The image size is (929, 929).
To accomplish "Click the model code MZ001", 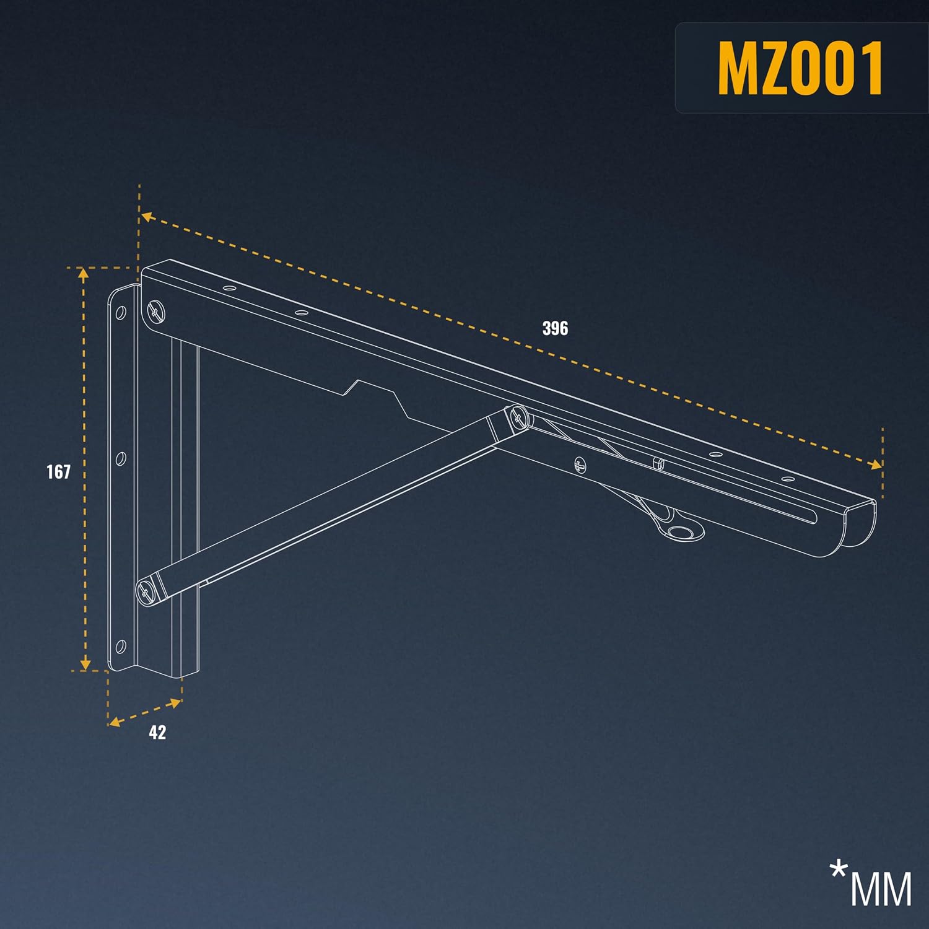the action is [800, 68].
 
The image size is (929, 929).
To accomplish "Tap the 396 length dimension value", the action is [555, 328].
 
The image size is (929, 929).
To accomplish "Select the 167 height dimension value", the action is [59, 472].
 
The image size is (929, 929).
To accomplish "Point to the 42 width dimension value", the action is [157, 733].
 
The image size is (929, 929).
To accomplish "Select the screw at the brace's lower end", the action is [147, 593].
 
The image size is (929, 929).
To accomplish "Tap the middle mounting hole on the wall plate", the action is [121, 459].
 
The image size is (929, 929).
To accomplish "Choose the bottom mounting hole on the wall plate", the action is [121, 648].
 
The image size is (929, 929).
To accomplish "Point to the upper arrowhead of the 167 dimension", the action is [84, 274].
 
